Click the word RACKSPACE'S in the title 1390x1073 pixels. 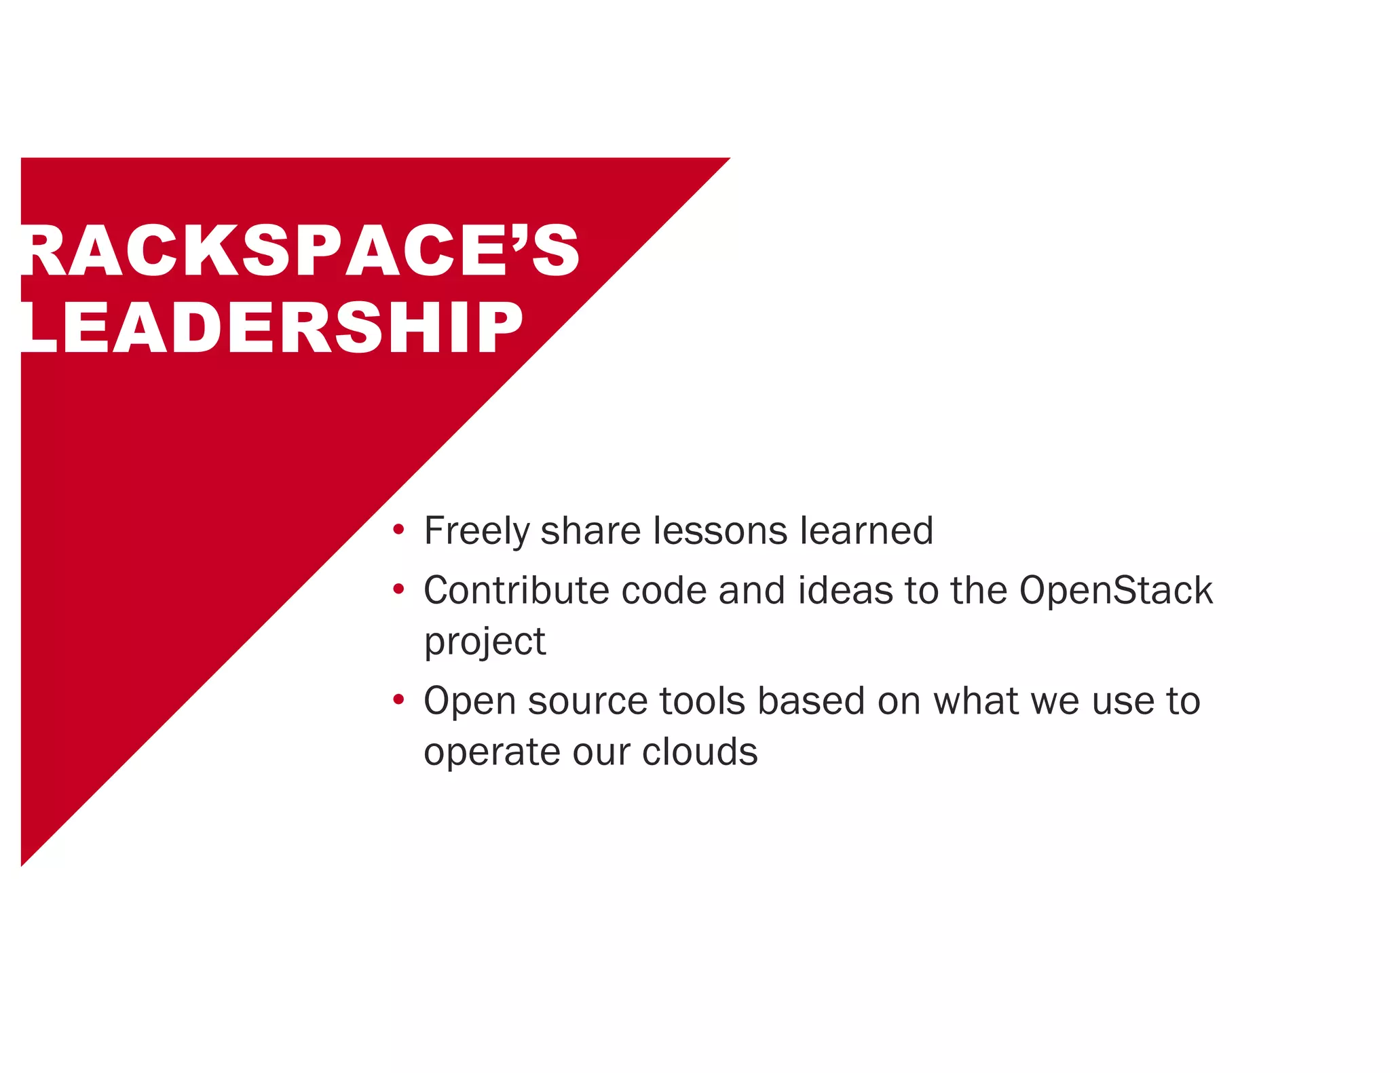[299, 250]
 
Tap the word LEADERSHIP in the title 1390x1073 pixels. [271, 328]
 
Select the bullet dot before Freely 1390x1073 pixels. [398, 528]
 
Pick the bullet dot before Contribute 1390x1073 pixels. [398, 588]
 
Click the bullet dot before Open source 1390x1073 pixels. [398, 699]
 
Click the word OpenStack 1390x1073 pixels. [1116, 590]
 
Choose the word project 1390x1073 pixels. [485, 642]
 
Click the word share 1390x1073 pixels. [590, 530]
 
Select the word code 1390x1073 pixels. [664, 590]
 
